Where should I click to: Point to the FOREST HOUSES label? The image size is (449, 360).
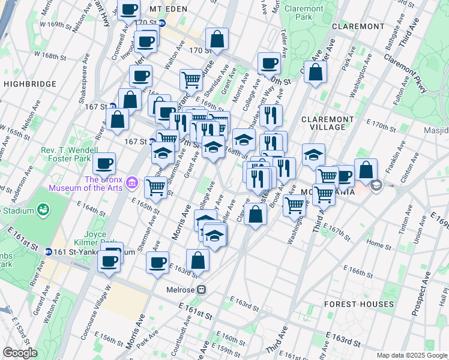coord(359,304)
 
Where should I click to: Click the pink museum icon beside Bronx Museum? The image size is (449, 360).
coord(133,182)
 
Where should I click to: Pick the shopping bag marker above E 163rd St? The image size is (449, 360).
coord(197,260)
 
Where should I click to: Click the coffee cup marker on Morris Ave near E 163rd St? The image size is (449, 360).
coord(158,263)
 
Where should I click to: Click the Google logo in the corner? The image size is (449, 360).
coord(20,353)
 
